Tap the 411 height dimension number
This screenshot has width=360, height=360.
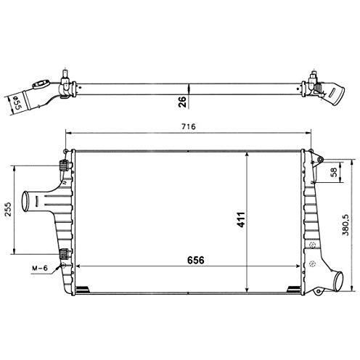point(240,219)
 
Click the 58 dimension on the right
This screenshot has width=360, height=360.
point(333,173)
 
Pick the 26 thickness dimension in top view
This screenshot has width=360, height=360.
point(183,101)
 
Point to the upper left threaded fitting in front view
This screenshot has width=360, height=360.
point(65,164)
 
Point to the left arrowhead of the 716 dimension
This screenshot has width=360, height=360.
point(69,133)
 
